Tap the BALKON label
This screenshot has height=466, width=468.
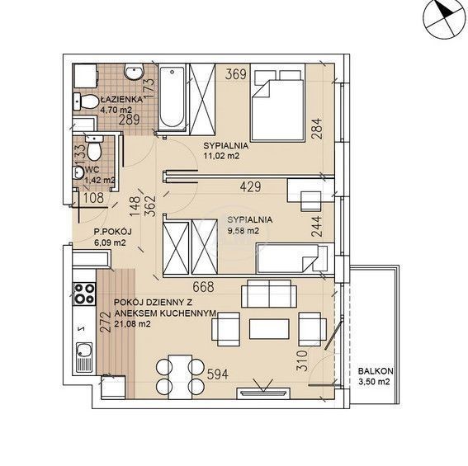click(x=376, y=371)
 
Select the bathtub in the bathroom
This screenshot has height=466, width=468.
click(x=172, y=97)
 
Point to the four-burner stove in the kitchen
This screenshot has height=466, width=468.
click(x=85, y=294)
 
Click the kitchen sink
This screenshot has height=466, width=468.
click(x=84, y=358)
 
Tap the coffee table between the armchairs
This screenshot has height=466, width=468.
click(x=269, y=329)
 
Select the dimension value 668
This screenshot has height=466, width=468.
click(x=203, y=287)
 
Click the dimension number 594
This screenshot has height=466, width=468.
click(x=218, y=374)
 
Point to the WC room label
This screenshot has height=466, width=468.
click(x=92, y=170)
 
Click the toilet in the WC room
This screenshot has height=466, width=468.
click(x=93, y=148)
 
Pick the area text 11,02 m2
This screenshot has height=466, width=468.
click(x=221, y=156)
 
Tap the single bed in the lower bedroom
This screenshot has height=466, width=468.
click(x=295, y=258)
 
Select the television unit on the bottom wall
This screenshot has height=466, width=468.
click(x=263, y=393)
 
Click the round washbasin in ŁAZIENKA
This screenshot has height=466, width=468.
click(x=134, y=72)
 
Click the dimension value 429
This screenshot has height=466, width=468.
click(x=250, y=186)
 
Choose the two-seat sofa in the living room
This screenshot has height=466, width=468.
click(x=269, y=294)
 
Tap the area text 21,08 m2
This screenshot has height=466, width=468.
click(x=132, y=323)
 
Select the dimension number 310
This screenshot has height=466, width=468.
click(x=302, y=360)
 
